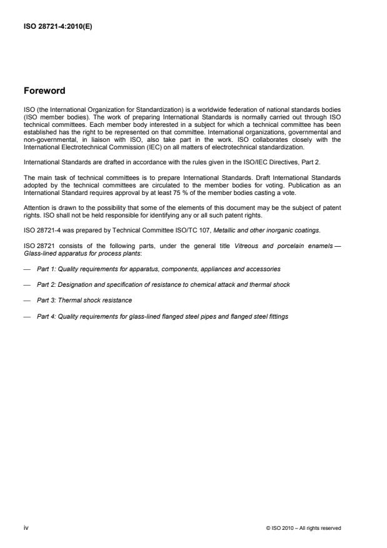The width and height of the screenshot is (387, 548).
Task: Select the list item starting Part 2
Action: click(163, 284)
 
